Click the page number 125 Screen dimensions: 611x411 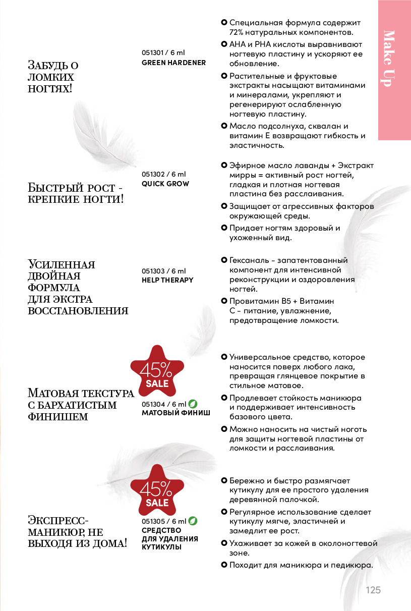coord(373,590)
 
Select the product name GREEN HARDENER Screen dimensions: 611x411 coord(173,63)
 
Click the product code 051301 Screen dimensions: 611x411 coord(154,53)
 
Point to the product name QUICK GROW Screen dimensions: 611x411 coord(165,184)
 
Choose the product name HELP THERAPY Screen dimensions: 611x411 coord(167,280)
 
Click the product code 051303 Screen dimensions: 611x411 coord(154,271)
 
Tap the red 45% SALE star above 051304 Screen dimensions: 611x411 coord(157,374)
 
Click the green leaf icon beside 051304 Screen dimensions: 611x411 coord(193,404)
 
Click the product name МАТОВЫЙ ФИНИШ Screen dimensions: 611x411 coord(175,413)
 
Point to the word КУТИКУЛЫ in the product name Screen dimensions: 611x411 coord(161,546)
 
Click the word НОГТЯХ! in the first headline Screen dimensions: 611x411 coord(50,89)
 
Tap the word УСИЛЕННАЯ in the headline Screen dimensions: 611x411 coord(62,265)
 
